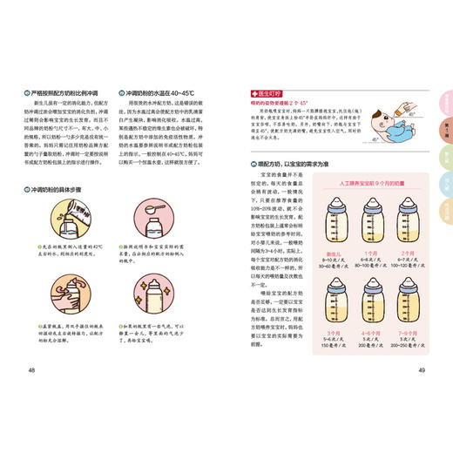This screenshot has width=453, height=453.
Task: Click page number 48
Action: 32,371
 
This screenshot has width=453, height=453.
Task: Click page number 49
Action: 421,371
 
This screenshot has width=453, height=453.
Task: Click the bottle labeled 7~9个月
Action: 402,301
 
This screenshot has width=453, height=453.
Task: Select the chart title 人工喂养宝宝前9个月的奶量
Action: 367,186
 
